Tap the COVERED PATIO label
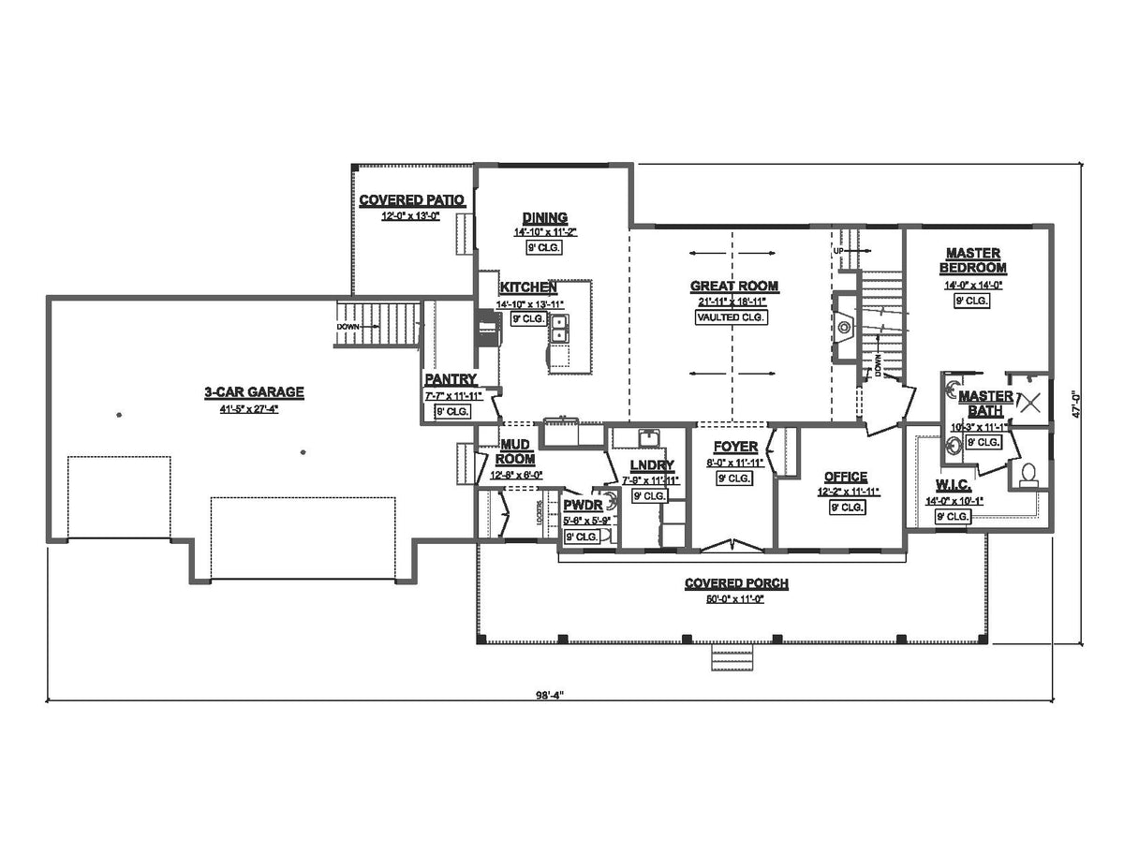(412, 200)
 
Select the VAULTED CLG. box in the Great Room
(731, 317)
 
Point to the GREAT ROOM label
(734, 287)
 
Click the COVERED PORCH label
(735, 583)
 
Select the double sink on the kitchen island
(559, 328)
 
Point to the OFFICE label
(845, 477)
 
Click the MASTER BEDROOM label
(972, 260)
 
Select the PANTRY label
(451, 379)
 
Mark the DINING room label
(545, 218)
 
